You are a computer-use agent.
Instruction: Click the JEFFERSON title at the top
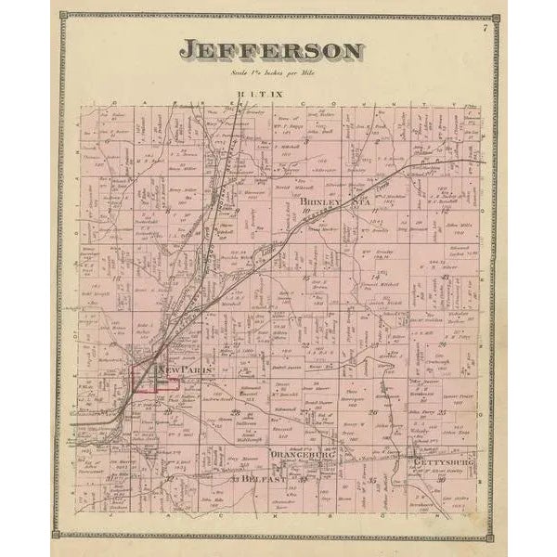click(271, 50)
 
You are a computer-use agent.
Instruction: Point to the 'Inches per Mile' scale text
click(271, 71)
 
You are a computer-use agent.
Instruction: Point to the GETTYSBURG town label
click(443, 461)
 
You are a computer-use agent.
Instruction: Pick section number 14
click(376, 277)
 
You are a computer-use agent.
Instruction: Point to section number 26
click(371, 410)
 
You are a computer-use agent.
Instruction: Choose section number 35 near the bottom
click(372, 480)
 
